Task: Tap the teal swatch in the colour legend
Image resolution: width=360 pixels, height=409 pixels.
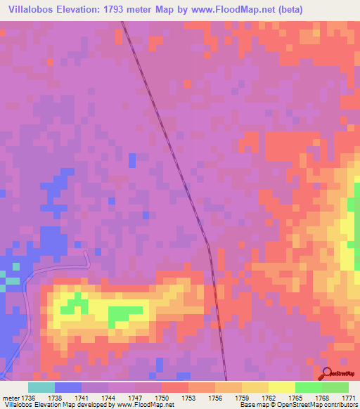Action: (41, 387)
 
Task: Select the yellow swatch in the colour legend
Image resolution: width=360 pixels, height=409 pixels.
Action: (282, 387)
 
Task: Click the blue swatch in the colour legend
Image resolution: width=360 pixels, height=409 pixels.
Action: (68, 387)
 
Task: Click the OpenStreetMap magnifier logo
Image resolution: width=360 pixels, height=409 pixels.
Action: (328, 373)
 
